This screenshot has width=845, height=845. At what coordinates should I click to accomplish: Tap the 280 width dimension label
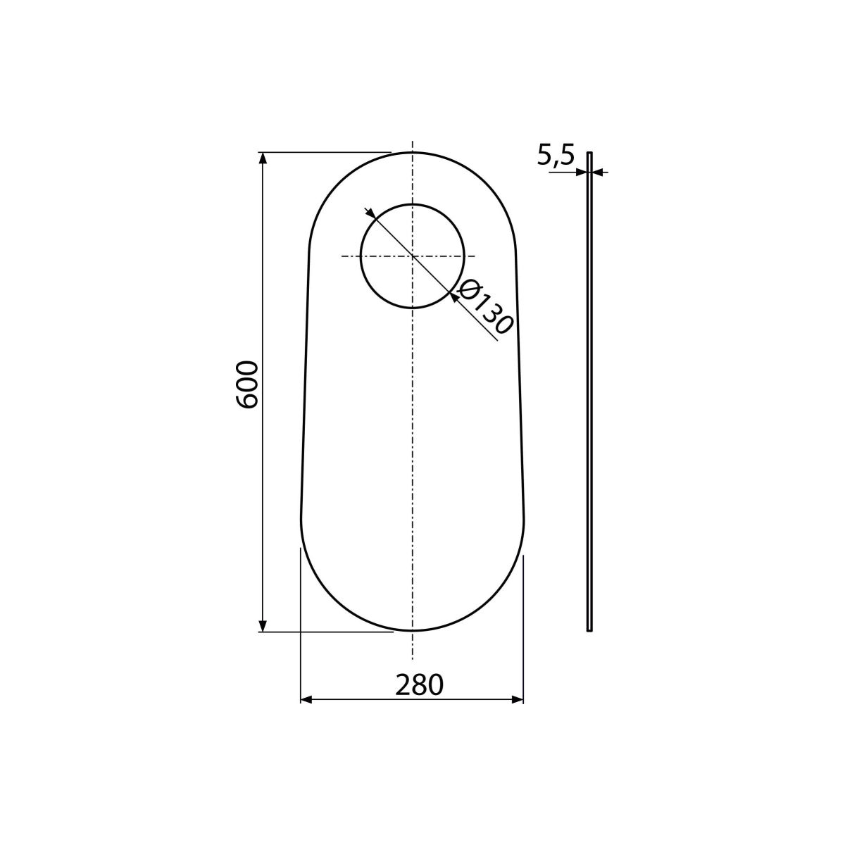419,685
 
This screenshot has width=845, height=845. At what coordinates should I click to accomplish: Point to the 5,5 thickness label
556,154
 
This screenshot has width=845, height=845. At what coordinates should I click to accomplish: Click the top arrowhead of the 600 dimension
263,158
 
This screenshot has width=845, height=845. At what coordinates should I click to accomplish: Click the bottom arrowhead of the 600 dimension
263,626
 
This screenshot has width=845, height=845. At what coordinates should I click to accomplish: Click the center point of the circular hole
412,256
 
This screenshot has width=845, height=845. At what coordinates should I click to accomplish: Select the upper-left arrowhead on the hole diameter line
370,213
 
